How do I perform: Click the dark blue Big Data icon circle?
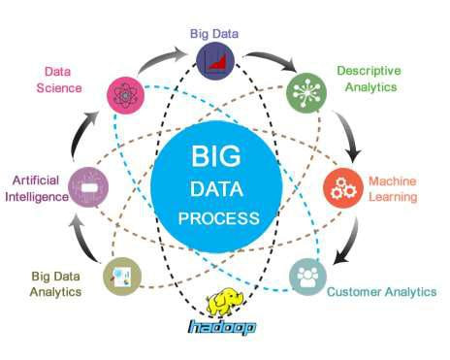pos(216,64)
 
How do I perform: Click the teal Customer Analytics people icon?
pos(307,276)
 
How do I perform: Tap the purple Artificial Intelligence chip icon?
pos(89,184)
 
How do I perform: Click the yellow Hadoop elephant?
pos(222,307)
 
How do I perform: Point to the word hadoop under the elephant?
pos(222,328)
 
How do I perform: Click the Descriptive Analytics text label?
pos(370,79)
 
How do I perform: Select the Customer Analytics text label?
pos(380,291)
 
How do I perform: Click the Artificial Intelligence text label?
pos(39,187)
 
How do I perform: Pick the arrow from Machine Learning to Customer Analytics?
pos(347,243)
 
